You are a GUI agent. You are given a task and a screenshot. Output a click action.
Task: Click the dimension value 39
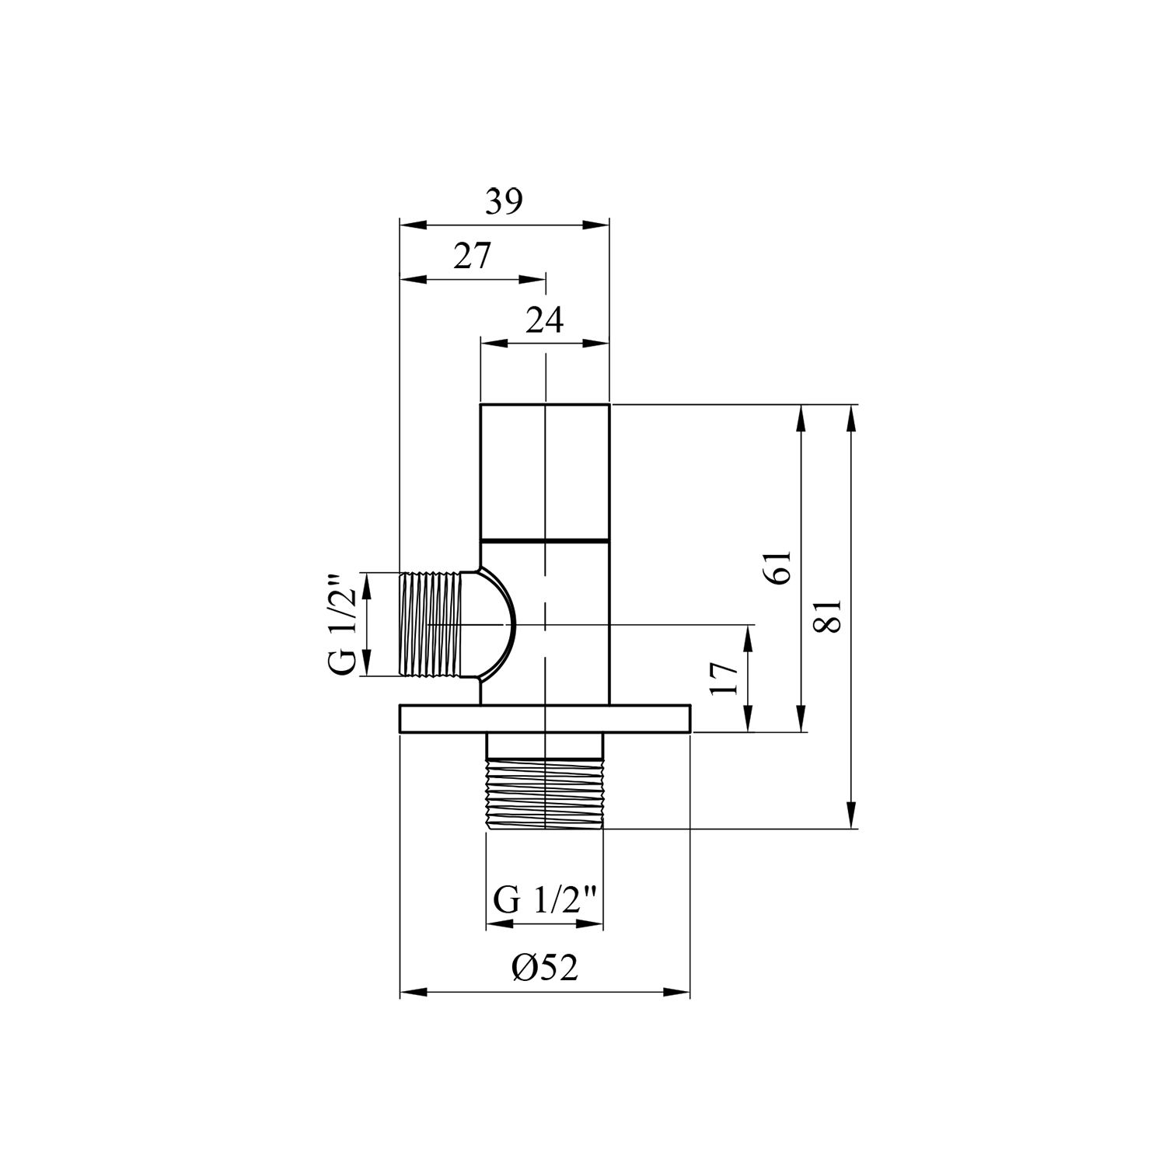[504, 203]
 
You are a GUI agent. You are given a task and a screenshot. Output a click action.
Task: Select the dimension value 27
[473, 256]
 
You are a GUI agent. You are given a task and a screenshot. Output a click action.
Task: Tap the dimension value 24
[544, 319]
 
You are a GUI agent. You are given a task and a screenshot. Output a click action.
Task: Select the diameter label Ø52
[544, 968]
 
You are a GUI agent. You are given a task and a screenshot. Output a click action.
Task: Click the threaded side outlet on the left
[430, 625]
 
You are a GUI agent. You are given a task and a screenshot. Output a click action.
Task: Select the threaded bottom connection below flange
[545, 795]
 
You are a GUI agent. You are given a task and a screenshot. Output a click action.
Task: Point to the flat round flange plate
[545, 718]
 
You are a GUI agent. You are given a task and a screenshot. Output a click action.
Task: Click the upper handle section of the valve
[545, 471]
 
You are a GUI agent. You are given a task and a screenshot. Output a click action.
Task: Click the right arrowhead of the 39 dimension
[599, 225]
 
